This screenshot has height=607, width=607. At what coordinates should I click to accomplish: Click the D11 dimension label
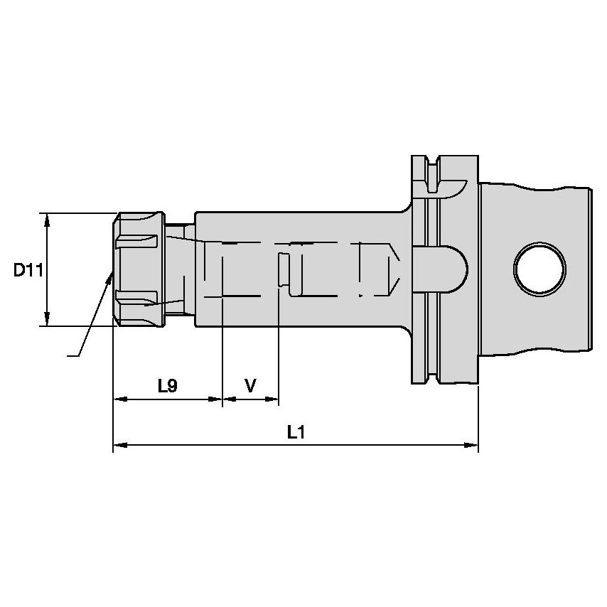29,270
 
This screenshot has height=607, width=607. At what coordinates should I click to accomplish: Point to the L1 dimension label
296,432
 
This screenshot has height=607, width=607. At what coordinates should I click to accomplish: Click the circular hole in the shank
541,269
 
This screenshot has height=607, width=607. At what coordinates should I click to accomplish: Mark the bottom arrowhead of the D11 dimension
47,321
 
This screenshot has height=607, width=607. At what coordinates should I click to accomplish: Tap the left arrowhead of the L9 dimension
119,399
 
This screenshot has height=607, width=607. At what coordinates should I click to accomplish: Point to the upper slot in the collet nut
137,242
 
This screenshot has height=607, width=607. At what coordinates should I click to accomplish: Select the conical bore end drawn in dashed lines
390,269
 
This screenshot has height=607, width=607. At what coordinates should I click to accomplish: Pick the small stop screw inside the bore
284,271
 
